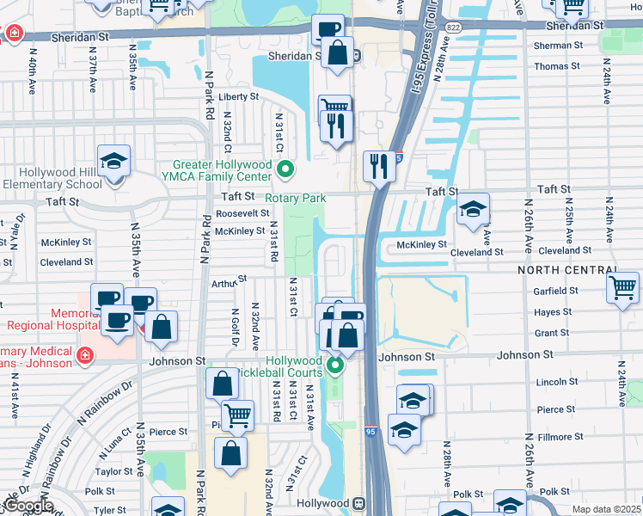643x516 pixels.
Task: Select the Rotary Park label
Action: (x=295, y=198)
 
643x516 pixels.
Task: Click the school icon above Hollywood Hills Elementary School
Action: (x=113, y=161)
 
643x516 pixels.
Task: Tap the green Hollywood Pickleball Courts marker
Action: (x=336, y=367)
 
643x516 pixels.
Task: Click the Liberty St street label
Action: (x=238, y=97)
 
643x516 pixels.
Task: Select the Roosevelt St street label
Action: (x=242, y=213)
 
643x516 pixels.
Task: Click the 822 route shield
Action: (x=453, y=28)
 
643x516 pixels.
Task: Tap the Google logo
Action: (x=27, y=507)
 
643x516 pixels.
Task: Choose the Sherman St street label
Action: (x=551, y=46)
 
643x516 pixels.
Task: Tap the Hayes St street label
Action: (x=552, y=313)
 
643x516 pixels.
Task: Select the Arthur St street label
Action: (x=229, y=281)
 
